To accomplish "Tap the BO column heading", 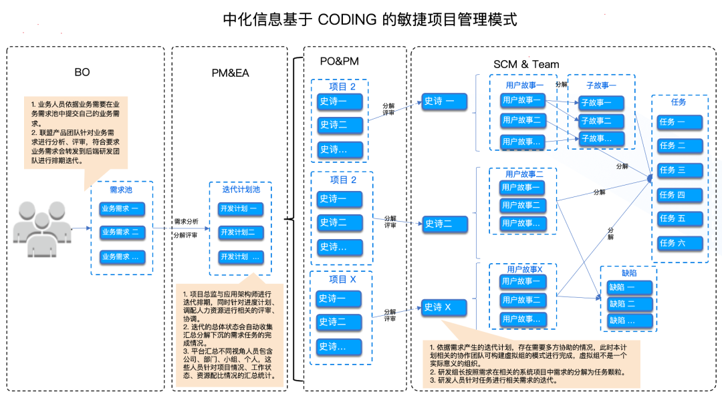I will pos(82,72).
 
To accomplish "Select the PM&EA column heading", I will pos(229,72).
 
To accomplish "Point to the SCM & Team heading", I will pos(526,64).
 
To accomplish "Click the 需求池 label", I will pos(121,190).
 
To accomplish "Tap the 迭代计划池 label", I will pos(241,190).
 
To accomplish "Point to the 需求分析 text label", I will pos(186,221).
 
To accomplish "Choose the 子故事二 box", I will pos(596,121).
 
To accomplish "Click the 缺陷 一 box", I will pos(628,287).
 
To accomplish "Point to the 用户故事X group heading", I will pos(524,269).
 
